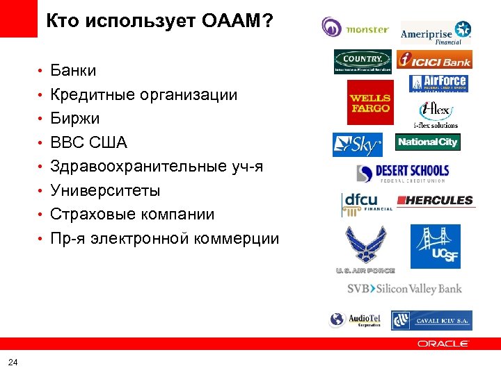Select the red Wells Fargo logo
369,102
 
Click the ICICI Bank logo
435,60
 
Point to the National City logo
428,142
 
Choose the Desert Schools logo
403,173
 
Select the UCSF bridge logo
435,247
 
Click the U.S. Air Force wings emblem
365,249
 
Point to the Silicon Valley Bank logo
404,288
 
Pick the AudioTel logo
356,320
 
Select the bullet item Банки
73,71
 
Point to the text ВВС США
88,142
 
